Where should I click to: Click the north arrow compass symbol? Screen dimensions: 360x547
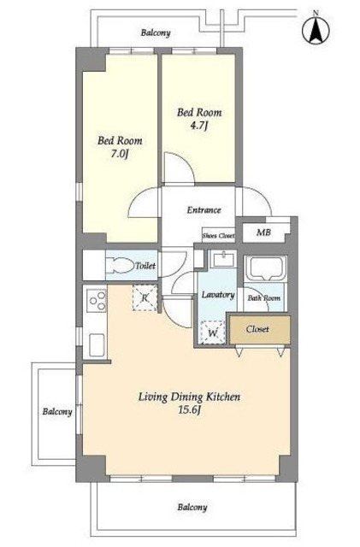pos(316,29)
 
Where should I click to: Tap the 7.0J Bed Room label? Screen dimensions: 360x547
pos(120,147)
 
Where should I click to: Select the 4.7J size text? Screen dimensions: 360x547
pos(199,126)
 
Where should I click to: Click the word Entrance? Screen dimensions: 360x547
pos(204,210)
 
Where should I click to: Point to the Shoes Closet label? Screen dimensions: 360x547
pos(219,236)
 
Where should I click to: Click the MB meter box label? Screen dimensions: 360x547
pos(263,232)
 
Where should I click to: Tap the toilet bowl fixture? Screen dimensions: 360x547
pos(121,266)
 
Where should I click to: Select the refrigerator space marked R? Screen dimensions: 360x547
pos(145,297)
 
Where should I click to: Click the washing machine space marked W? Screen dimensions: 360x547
pos(212,332)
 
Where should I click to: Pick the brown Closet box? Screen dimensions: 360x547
pos(260,329)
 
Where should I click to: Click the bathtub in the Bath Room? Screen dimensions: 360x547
pos(266,268)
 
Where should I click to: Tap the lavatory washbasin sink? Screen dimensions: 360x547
pos(223,259)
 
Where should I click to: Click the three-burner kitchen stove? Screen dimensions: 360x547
pos(97,301)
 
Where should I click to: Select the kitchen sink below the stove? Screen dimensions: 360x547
pos(97,344)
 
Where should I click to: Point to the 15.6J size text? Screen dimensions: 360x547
pos(190,410)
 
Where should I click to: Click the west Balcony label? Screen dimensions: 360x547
pos(57,412)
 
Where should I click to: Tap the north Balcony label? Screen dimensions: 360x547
pos(156,33)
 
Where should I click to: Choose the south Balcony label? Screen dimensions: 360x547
pos(192,508)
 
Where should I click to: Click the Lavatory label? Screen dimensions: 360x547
pos(218,295)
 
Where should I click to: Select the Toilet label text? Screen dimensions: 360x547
pos(145,266)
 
